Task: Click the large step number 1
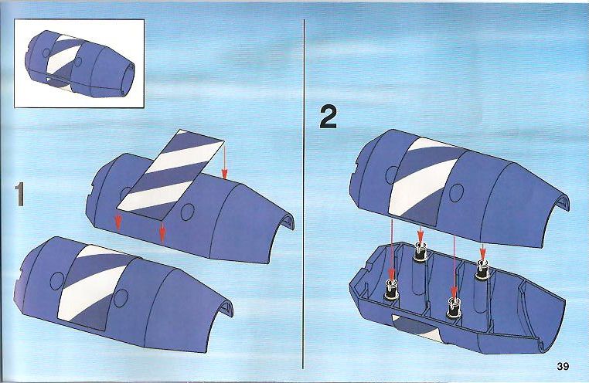click(x=19, y=195)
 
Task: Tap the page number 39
click(x=563, y=366)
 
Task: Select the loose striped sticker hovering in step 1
click(x=171, y=175)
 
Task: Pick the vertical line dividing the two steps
click(x=304, y=194)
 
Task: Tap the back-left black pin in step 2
click(x=420, y=251)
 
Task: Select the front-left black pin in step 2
click(x=391, y=290)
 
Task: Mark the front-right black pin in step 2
click(x=453, y=308)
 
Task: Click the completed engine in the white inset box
click(x=80, y=64)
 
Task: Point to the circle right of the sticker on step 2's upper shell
click(x=456, y=192)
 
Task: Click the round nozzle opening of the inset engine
click(x=128, y=78)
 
